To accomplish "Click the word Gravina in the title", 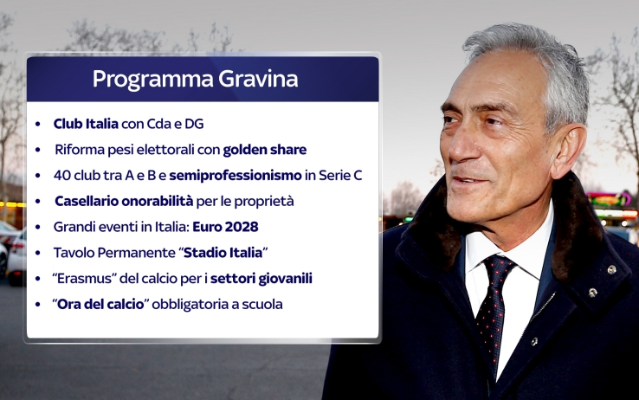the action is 258,79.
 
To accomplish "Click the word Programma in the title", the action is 152,80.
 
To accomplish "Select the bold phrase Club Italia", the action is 86,124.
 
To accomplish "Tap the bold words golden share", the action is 264,150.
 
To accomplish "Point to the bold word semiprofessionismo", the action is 236,176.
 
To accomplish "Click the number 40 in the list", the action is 61,176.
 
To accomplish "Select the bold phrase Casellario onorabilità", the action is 124,201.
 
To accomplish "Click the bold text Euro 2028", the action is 225,227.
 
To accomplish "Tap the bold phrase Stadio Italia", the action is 223,253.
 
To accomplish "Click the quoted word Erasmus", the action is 84,279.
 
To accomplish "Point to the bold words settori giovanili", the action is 261,279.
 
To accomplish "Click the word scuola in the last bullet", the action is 262,304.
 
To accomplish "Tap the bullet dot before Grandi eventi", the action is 38,228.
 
